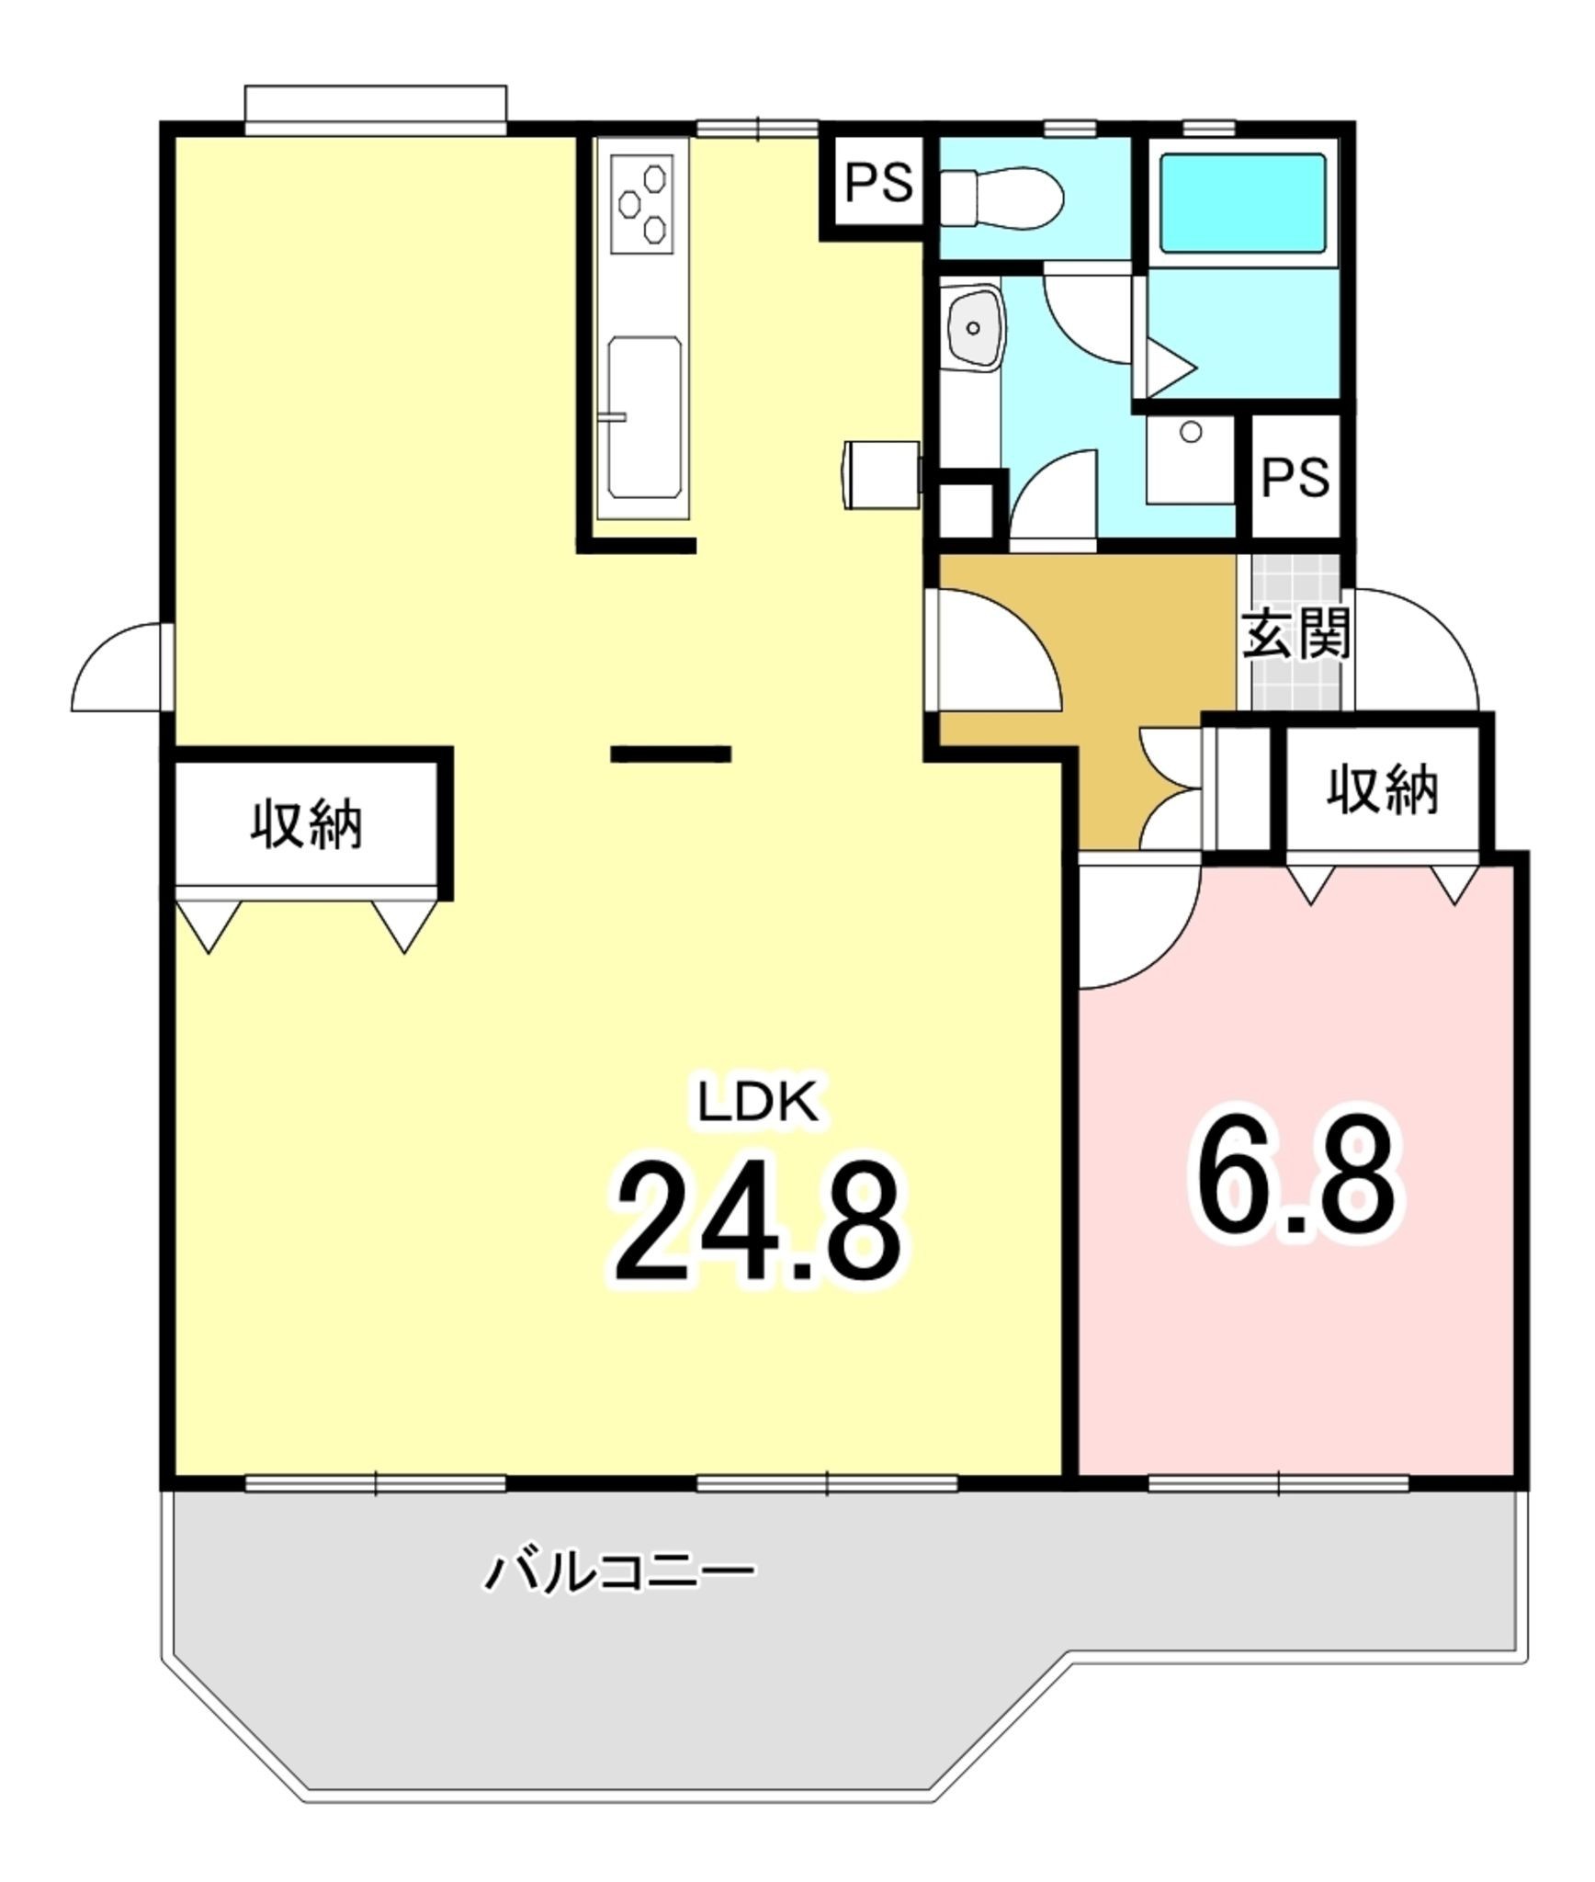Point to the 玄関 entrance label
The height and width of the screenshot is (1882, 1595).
[x=1295, y=633]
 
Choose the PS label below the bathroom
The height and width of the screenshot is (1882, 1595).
[x=1295, y=477]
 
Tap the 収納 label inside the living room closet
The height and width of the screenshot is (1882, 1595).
[x=307, y=824]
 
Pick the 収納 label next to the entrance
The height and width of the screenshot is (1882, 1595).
[x=1382, y=790]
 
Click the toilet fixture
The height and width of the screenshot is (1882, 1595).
[x=1001, y=196]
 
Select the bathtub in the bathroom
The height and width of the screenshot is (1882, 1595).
[x=1242, y=203]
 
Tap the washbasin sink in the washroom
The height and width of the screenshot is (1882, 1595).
[x=976, y=327]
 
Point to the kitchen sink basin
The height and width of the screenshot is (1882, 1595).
[x=645, y=417]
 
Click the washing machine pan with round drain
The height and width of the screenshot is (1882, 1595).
[x=1191, y=459]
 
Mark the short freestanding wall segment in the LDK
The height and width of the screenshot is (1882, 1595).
[x=671, y=754]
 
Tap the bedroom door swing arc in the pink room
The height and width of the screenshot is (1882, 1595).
[x=1140, y=922]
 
